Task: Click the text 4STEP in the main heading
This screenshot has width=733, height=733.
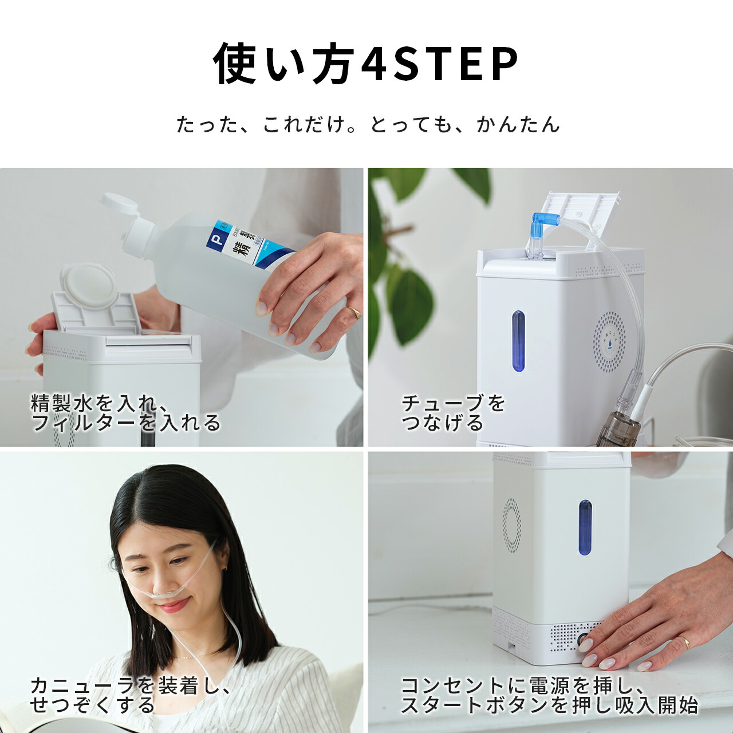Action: [440, 64]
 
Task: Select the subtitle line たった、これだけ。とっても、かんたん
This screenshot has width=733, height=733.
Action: [367, 124]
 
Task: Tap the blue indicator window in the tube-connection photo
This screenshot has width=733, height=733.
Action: [518, 341]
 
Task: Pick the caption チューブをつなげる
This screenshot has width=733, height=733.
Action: [452, 412]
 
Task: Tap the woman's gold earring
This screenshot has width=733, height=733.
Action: [224, 568]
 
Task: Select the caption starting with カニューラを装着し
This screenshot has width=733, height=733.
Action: [129, 695]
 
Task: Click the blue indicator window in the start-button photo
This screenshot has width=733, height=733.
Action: [585, 527]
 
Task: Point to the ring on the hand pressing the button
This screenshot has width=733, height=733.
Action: [683, 642]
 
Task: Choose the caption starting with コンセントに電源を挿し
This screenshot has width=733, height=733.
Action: [549, 695]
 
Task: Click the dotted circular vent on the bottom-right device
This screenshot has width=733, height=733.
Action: [511, 526]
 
